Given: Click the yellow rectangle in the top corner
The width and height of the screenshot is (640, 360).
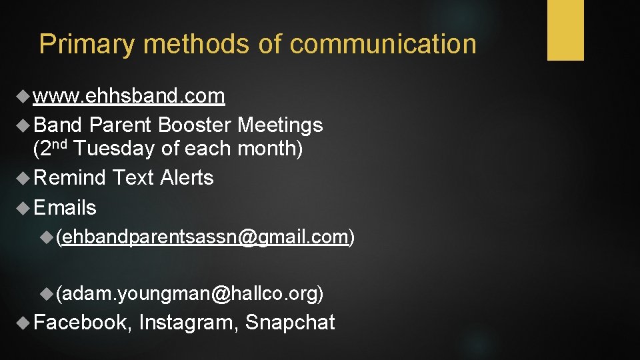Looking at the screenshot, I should (565, 30).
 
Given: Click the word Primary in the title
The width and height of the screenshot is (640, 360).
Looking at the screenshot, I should (87, 45).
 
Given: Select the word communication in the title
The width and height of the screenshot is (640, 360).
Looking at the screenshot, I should (383, 45).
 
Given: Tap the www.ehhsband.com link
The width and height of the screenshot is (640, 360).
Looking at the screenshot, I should (129, 97).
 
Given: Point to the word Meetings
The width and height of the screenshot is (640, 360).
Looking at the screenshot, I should (280, 125).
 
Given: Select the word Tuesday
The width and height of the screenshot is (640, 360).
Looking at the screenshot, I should (115, 149).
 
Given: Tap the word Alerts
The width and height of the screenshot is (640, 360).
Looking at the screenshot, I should (187, 178).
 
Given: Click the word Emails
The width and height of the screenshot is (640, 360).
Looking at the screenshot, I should (65, 208).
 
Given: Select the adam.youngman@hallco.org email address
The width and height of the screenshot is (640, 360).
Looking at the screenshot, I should (191, 293).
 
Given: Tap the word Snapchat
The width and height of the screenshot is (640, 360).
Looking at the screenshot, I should (290, 323).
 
